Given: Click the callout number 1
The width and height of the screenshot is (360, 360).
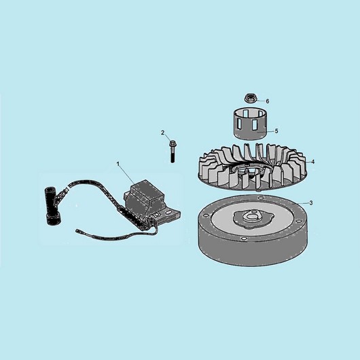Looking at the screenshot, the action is click(118, 164).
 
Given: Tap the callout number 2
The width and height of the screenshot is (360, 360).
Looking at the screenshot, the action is click(163, 132).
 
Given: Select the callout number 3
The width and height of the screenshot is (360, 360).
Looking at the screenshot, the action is click(311, 203).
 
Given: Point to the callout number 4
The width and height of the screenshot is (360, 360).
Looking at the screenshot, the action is click(312, 162).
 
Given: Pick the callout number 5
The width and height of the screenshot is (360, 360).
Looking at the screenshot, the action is click(276, 131).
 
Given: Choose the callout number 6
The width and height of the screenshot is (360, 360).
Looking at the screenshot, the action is click(268, 101).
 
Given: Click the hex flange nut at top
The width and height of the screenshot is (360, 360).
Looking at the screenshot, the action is click(250, 98).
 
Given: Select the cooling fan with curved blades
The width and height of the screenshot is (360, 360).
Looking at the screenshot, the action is click(252, 168).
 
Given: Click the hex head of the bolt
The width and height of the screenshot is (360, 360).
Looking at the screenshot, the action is click(171, 144).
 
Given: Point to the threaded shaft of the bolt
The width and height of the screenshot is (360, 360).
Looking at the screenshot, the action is click(173, 155).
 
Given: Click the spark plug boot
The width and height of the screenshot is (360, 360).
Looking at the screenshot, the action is click(52, 206).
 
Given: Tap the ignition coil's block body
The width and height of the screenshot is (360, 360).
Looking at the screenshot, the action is click(145, 198).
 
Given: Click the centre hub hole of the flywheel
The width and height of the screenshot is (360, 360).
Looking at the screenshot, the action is click(253, 216).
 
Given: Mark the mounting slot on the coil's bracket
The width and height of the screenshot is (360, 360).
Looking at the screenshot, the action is click(169, 213).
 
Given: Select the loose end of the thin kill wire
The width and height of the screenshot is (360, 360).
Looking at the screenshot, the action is click(77, 230).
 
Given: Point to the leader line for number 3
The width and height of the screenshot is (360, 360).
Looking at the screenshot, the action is click(303, 203).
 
